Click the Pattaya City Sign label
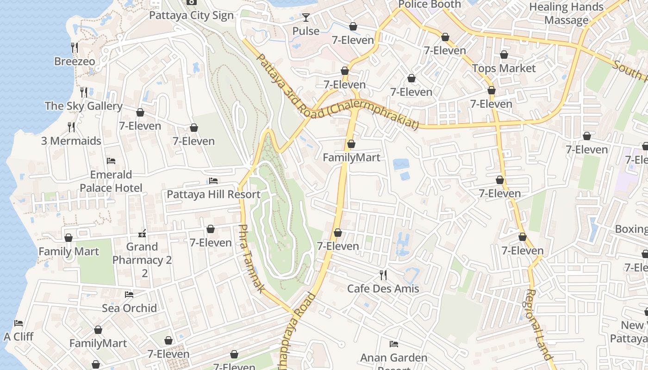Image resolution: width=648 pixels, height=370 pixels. point(191,15)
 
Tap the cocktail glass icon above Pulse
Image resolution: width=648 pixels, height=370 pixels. point(306,18)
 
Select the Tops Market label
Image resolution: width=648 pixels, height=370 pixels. point(504,68)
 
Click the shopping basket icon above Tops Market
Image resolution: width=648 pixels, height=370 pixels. point(504,55)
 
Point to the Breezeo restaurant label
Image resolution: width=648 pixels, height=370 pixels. point(75,62)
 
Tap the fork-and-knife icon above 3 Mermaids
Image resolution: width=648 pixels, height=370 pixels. point(71,127)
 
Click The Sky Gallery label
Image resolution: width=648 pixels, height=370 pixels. point(84,106)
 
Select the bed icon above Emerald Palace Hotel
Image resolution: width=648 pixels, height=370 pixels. point(111,161)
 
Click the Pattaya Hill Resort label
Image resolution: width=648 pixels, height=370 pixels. point(213,194)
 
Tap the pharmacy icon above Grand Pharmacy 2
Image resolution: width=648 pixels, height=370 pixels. point(142,233)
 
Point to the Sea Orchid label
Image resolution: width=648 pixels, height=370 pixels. point(129,308)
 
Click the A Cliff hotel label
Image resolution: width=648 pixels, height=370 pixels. point(19,336)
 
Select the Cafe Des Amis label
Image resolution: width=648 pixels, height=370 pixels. point(383,289)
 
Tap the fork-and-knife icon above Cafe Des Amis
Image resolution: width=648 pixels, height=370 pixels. point(383,275)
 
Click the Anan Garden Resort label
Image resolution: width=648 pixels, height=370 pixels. point(393,358)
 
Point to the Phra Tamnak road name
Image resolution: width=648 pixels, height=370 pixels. point(251,259)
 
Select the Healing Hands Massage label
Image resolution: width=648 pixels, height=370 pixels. point(566,13)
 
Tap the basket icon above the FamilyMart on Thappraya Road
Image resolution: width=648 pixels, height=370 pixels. point(351,144)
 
